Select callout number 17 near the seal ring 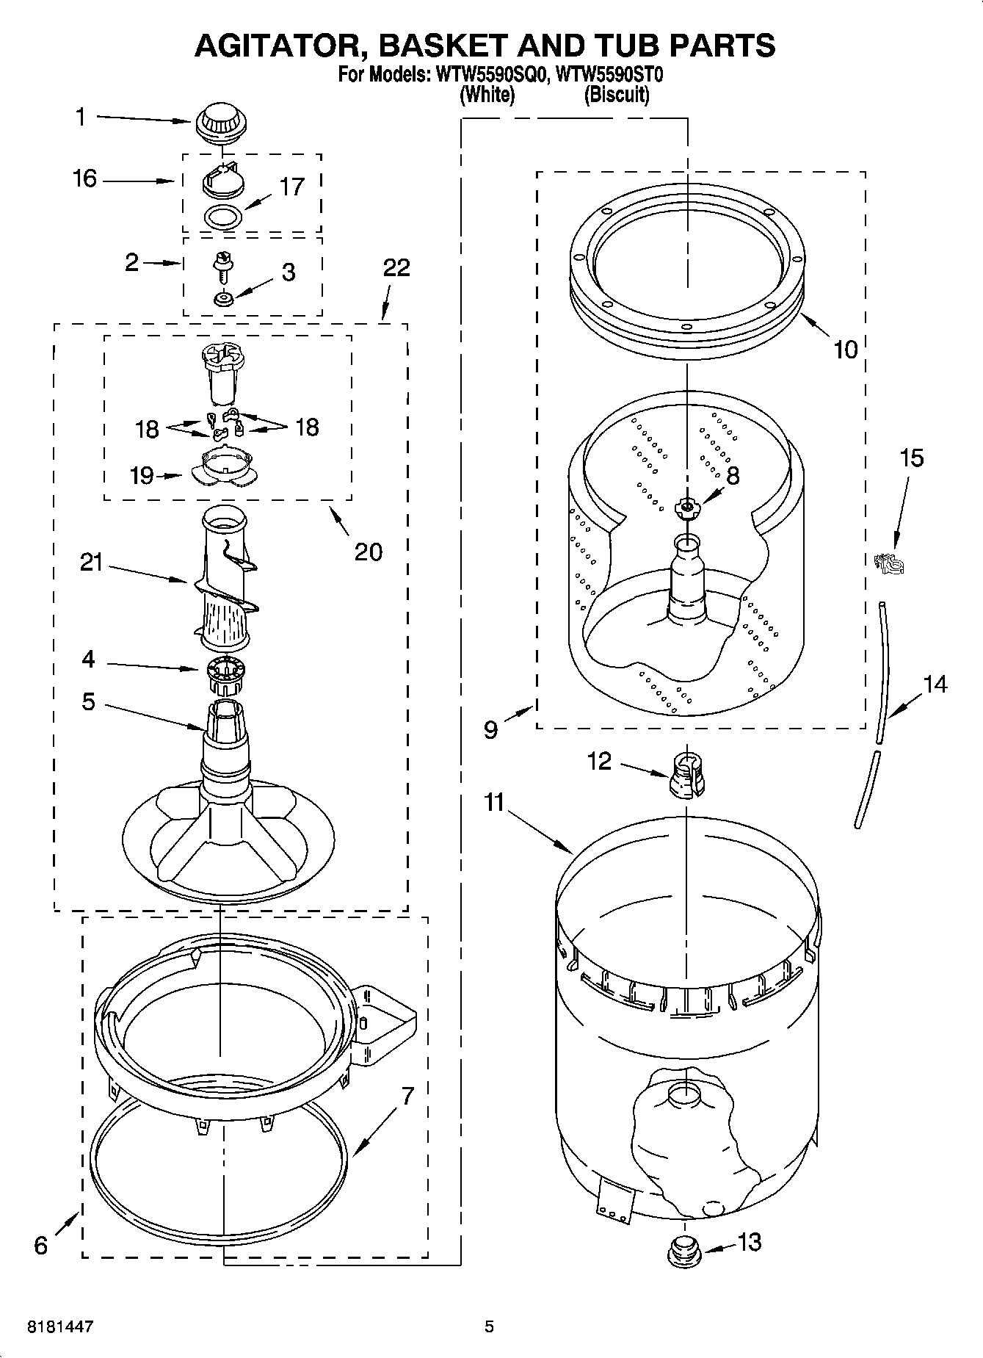291,187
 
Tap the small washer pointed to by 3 222,298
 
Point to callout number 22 396,268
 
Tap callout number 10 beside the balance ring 845,350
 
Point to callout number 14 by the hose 935,685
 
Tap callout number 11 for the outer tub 494,803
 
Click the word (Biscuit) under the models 616,95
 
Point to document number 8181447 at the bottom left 60,1327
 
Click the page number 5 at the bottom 489,1327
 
